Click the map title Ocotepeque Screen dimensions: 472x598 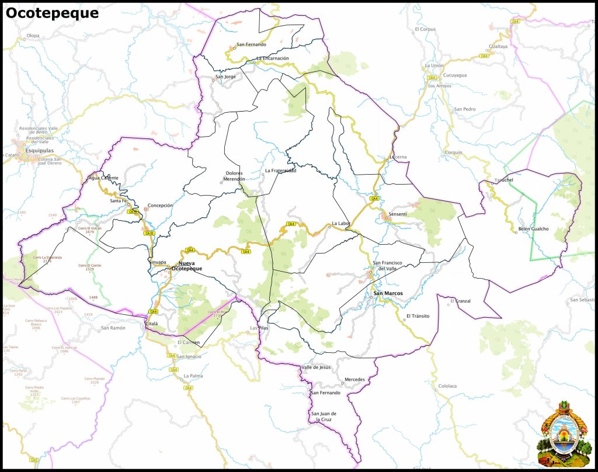pyautogui.click(x=52, y=13)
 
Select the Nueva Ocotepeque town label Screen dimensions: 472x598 pyautogui.click(x=190, y=266)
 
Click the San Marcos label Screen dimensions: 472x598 pyautogui.click(x=388, y=293)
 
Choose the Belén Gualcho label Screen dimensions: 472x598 pyautogui.click(x=533, y=229)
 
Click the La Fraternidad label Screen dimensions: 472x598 pyautogui.click(x=280, y=171)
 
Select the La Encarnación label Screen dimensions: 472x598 pyautogui.click(x=273, y=58)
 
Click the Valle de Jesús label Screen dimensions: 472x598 pyautogui.click(x=316, y=367)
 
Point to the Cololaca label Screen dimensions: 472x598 pyautogui.click(x=447, y=386)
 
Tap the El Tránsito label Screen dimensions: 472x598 pyautogui.click(x=418, y=316)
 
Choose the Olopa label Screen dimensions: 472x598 pyautogui.click(x=33, y=36)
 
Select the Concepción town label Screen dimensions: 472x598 pyautogui.click(x=160, y=206)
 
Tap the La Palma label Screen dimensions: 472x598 pyautogui.click(x=193, y=376)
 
